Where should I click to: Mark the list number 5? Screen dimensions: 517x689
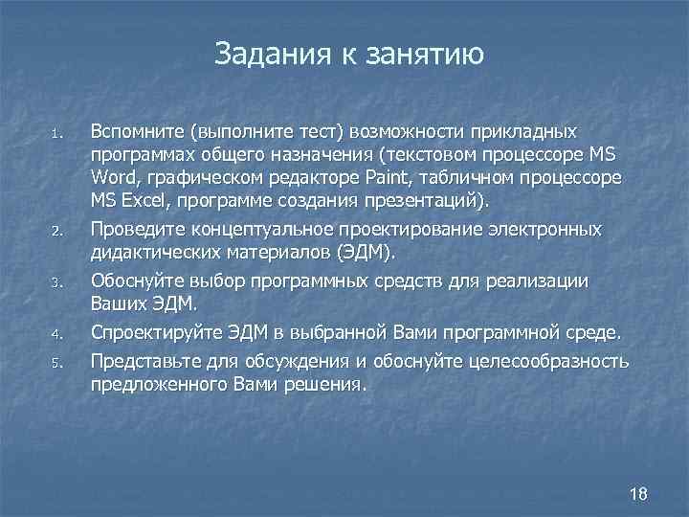[57, 362]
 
